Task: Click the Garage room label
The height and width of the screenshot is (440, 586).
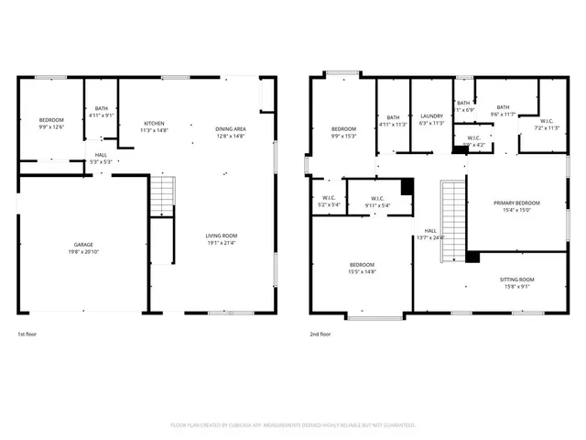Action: (83, 247)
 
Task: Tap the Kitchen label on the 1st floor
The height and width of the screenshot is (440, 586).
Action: (154, 127)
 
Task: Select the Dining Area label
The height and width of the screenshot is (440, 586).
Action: (230, 132)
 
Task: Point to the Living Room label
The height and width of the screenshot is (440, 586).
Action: (220, 239)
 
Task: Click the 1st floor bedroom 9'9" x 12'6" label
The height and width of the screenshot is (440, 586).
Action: (51, 124)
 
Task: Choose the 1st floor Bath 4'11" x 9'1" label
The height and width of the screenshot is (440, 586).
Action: (101, 113)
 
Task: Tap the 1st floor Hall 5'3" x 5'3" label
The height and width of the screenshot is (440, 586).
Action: (101, 158)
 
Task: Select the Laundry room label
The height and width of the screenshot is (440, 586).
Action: (431, 120)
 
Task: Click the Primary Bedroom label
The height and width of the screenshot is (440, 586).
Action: (516, 205)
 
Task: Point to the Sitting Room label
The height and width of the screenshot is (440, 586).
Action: (516, 282)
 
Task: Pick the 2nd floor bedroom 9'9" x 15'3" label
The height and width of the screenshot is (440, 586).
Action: (343, 132)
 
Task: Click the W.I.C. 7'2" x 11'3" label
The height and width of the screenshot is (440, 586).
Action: (546, 125)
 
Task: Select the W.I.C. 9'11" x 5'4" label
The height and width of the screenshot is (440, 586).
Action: (377, 203)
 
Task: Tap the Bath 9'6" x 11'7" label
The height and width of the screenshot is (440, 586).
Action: (503, 111)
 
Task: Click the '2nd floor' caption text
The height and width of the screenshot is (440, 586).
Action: (320, 335)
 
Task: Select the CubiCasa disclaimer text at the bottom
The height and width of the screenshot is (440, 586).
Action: (293, 425)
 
